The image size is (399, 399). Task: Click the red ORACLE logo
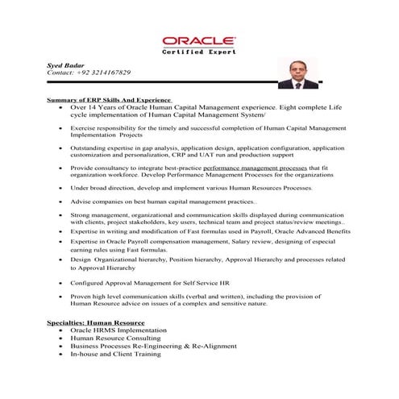[x=199, y=39]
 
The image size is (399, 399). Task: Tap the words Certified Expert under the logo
[x=199, y=52]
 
